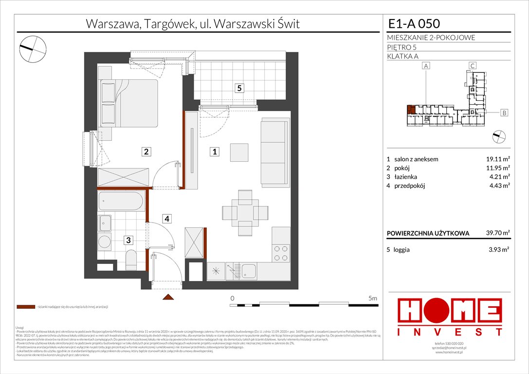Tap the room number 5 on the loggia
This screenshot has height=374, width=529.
(x=239, y=88)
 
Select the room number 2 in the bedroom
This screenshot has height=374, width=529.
(x=146, y=152)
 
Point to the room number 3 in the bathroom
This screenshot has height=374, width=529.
(x=128, y=240)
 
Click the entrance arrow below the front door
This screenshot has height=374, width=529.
(x=168, y=297)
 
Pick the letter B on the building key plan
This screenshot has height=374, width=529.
(x=504, y=113)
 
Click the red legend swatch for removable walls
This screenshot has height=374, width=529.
(x=25, y=307)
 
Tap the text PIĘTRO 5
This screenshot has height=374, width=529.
(x=402, y=47)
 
